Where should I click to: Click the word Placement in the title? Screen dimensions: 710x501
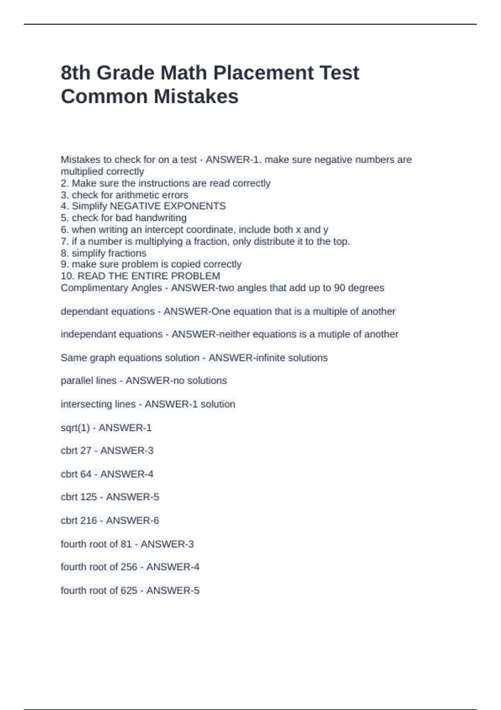point(238,73)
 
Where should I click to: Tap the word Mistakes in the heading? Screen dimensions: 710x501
point(196,96)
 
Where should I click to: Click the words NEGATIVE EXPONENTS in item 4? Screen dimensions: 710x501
point(167,206)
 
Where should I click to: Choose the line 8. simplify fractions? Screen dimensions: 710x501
point(104,253)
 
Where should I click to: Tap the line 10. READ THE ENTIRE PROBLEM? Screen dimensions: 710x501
point(140,276)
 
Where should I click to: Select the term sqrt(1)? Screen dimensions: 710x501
point(75,428)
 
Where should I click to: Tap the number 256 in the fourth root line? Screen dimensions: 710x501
point(129,567)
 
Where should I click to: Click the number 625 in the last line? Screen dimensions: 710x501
point(129,590)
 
